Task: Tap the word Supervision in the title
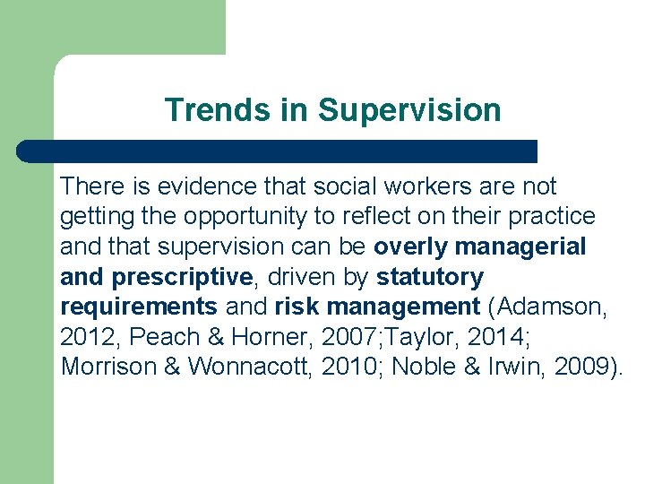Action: click(x=409, y=110)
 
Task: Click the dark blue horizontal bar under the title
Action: click(x=278, y=151)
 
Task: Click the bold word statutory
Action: click(x=430, y=277)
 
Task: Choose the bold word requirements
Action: click(x=139, y=307)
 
